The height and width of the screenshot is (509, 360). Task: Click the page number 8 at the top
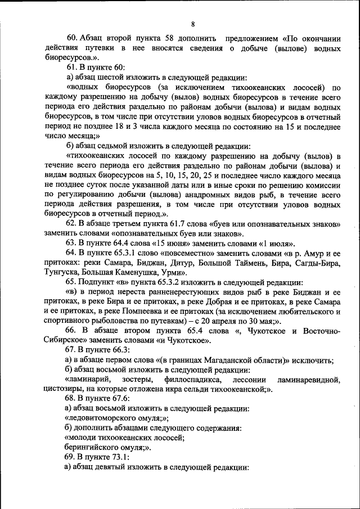coord(192,24)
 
